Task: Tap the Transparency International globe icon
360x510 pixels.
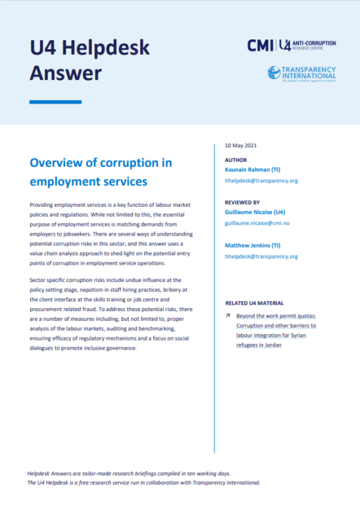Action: pyautogui.click(x=274, y=72)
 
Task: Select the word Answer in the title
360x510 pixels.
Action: pyautogui.click(x=65, y=72)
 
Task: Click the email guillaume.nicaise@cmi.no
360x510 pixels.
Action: pyautogui.click(x=257, y=221)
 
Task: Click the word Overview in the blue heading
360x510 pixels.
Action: pyautogui.click(x=57, y=163)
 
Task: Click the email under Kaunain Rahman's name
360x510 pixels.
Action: pyautogui.click(x=261, y=181)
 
